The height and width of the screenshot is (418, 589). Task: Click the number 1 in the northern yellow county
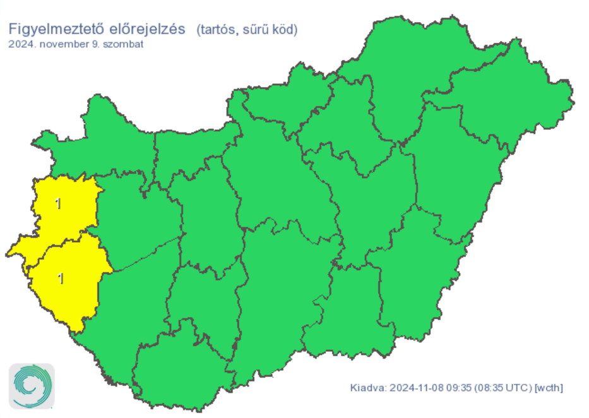(57, 204)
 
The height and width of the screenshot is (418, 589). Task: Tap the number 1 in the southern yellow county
(61, 278)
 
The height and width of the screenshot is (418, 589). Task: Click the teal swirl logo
(32, 386)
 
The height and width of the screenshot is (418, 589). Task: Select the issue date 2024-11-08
(415, 386)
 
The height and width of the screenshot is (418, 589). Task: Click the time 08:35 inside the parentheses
(489, 386)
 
